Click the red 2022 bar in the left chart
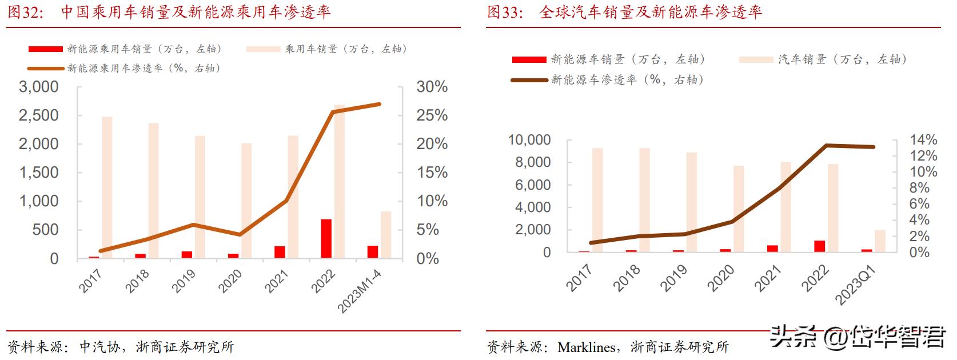click(326, 238)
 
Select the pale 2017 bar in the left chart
click(107, 187)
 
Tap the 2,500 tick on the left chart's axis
click(39, 115)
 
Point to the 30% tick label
click(432, 87)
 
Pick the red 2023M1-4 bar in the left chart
click(372, 252)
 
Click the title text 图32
click(25, 13)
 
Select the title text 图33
click(505, 13)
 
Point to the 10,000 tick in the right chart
click(529, 140)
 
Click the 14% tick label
click(923, 140)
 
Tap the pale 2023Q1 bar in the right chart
click(880, 241)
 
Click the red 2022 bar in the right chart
click(820, 246)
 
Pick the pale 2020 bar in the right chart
click(739, 209)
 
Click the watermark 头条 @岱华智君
click(858, 337)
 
